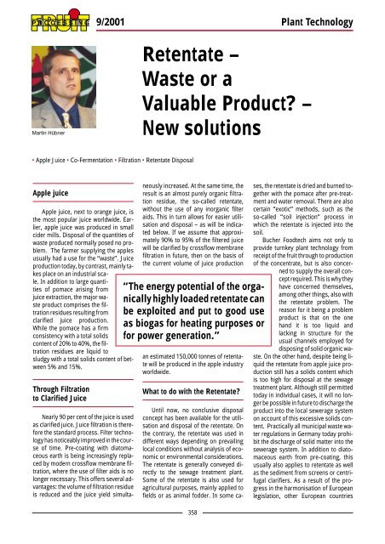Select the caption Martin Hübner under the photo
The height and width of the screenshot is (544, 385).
click(31, 132)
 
